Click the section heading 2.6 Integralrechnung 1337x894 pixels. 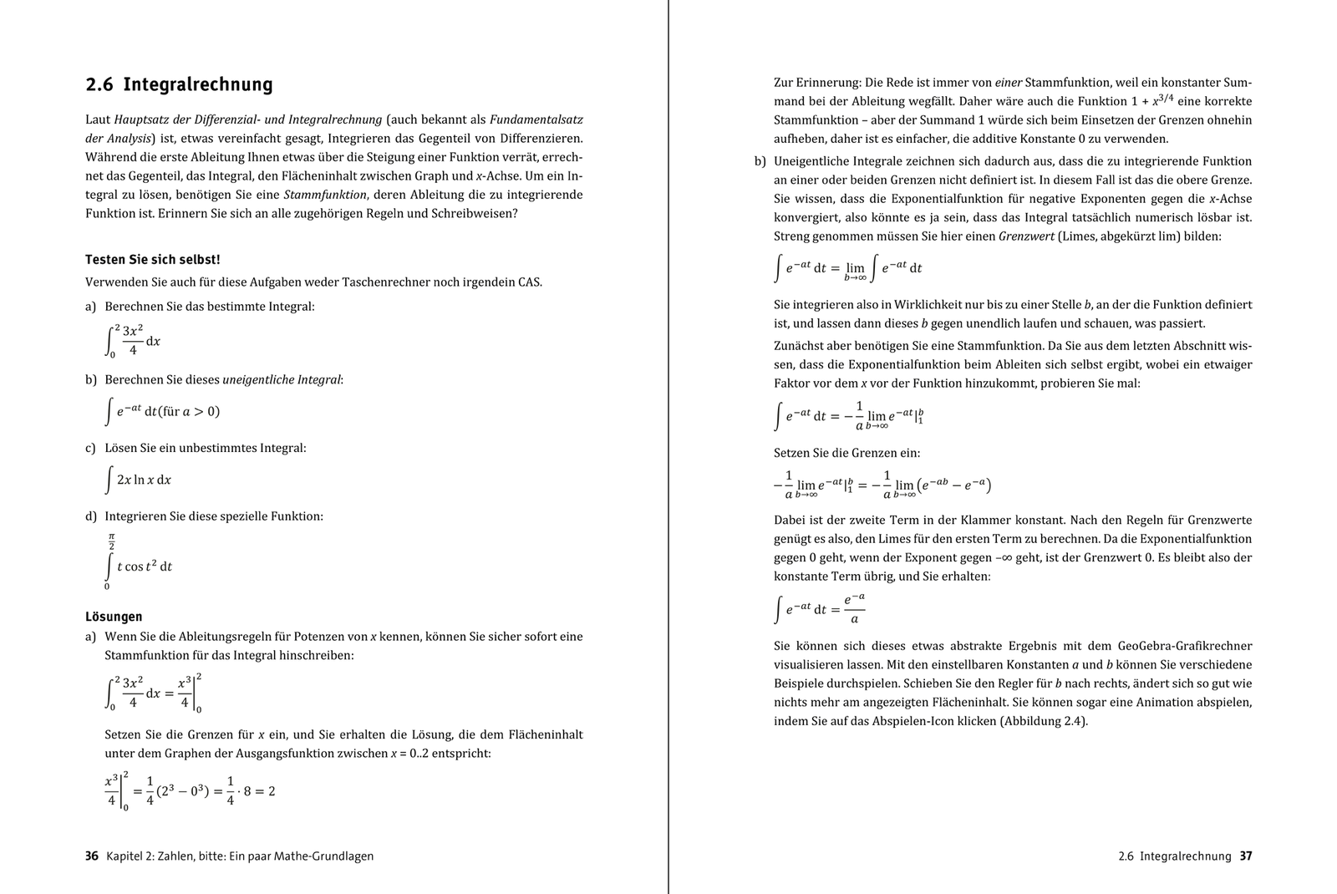coord(179,84)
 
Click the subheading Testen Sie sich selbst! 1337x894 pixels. coord(152,260)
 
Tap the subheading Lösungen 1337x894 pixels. coord(114,617)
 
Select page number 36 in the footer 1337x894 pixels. coord(92,856)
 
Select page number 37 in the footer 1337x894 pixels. coord(1245,856)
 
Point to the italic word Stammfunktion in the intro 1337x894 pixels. coord(325,195)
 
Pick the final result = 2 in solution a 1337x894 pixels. coord(267,790)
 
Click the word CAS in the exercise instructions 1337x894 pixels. coord(529,282)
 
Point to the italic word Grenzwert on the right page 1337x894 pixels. coord(1026,236)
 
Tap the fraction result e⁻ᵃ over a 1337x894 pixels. coord(853,608)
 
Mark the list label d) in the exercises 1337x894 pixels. coord(91,516)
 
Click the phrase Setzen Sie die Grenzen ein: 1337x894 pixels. coord(846,453)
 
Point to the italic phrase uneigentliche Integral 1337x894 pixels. coord(282,379)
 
